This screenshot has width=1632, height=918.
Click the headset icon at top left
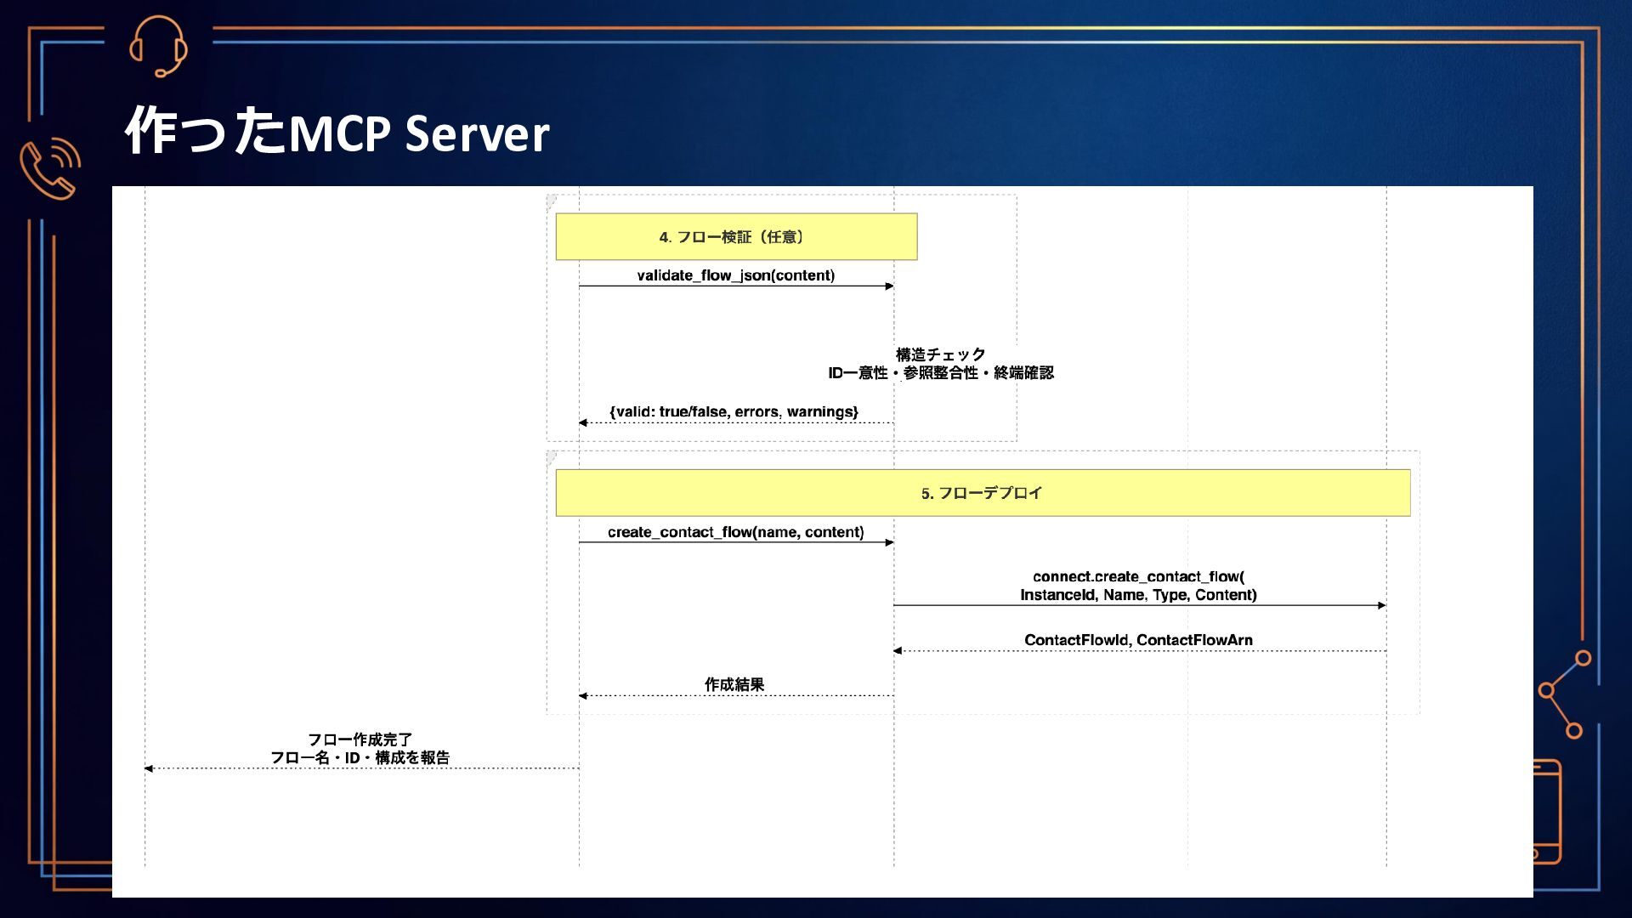(x=158, y=47)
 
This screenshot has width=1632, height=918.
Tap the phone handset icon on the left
(x=49, y=167)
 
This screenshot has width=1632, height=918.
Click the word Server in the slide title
(x=477, y=134)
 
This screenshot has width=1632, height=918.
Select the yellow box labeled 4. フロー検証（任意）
(x=736, y=236)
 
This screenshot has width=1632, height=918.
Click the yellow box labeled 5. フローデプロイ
(x=983, y=493)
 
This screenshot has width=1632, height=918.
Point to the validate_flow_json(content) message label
(x=735, y=275)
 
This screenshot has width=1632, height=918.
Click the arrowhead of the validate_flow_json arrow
(x=889, y=286)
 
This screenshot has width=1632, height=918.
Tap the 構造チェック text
(x=940, y=354)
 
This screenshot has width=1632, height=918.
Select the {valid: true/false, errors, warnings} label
(x=734, y=412)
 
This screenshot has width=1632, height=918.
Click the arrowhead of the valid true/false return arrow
(x=583, y=422)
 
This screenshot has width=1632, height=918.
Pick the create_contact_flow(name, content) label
(x=735, y=532)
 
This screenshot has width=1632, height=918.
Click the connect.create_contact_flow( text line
(x=1138, y=576)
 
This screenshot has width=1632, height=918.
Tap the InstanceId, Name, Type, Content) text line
(x=1138, y=595)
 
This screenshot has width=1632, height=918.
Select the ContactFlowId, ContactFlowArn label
(x=1138, y=640)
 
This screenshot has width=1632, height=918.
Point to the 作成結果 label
(x=734, y=684)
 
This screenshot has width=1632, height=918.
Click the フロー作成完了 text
(x=360, y=739)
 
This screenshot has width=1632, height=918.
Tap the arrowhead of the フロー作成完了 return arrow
(x=149, y=768)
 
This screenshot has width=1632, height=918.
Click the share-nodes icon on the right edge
(x=1564, y=694)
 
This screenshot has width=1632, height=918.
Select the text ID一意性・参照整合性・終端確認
(x=941, y=373)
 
